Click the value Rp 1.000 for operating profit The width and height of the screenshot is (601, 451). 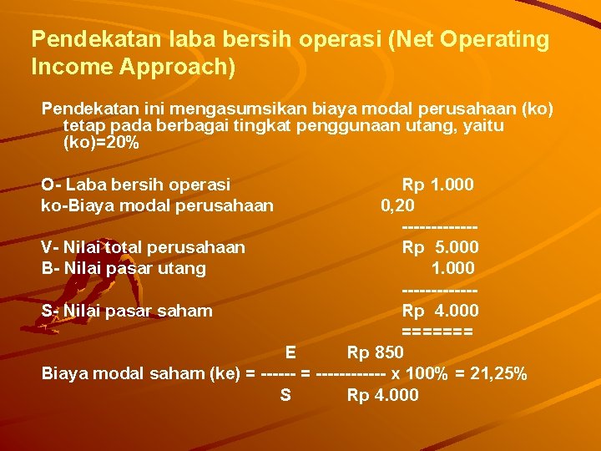pyautogui.click(x=437, y=184)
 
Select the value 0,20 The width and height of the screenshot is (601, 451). pyautogui.click(x=398, y=205)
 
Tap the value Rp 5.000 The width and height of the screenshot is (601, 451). pyautogui.click(x=440, y=247)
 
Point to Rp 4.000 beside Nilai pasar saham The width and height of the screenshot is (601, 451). pyautogui.click(x=440, y=311)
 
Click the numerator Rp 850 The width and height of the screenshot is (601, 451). pyautogui.click(x=375, y=352)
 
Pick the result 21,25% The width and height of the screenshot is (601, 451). pyautogui.click(x=496, y=373)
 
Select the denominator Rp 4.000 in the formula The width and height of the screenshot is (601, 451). pyautogui.click(x=382, y=394)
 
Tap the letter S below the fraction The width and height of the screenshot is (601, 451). pyautogui.click(x=285, y=394)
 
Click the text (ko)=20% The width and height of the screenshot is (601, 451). pyautogui.click(x=101, y=143)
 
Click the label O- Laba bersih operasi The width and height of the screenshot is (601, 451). pyautogui.click(x=136, y=184)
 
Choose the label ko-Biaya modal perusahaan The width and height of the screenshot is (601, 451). pyautogui.click(x=158, y=205)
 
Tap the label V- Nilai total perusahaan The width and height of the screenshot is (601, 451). pyautogui.click(x=144, y=247)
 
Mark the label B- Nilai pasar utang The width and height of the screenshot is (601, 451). pyautogui.click(x=124, y=268)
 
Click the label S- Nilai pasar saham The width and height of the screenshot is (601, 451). pyautogui.click(x=127, y=311)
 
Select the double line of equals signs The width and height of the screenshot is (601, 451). pyautogui.click(x=437, y=332)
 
